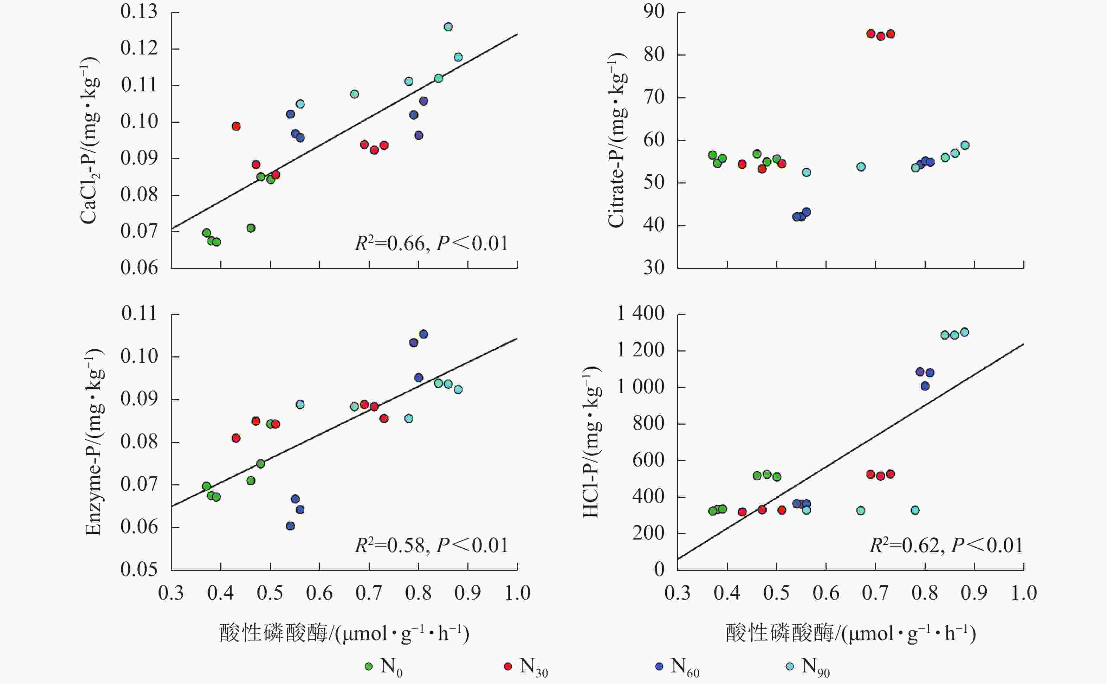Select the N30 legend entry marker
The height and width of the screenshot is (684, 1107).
pos(508,666)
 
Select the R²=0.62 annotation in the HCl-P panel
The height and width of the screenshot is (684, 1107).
pos(946,546)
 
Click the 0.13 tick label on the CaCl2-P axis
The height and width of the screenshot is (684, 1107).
pos(139,12)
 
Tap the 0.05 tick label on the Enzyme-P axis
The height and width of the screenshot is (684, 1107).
pos(139,569)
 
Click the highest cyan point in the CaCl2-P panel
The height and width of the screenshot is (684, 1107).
pos(448,27)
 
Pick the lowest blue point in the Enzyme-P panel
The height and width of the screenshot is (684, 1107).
pos(290,526)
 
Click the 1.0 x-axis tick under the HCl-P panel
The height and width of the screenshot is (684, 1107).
pos(1024,593)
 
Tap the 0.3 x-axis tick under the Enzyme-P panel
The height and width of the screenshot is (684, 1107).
pos(171,593)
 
